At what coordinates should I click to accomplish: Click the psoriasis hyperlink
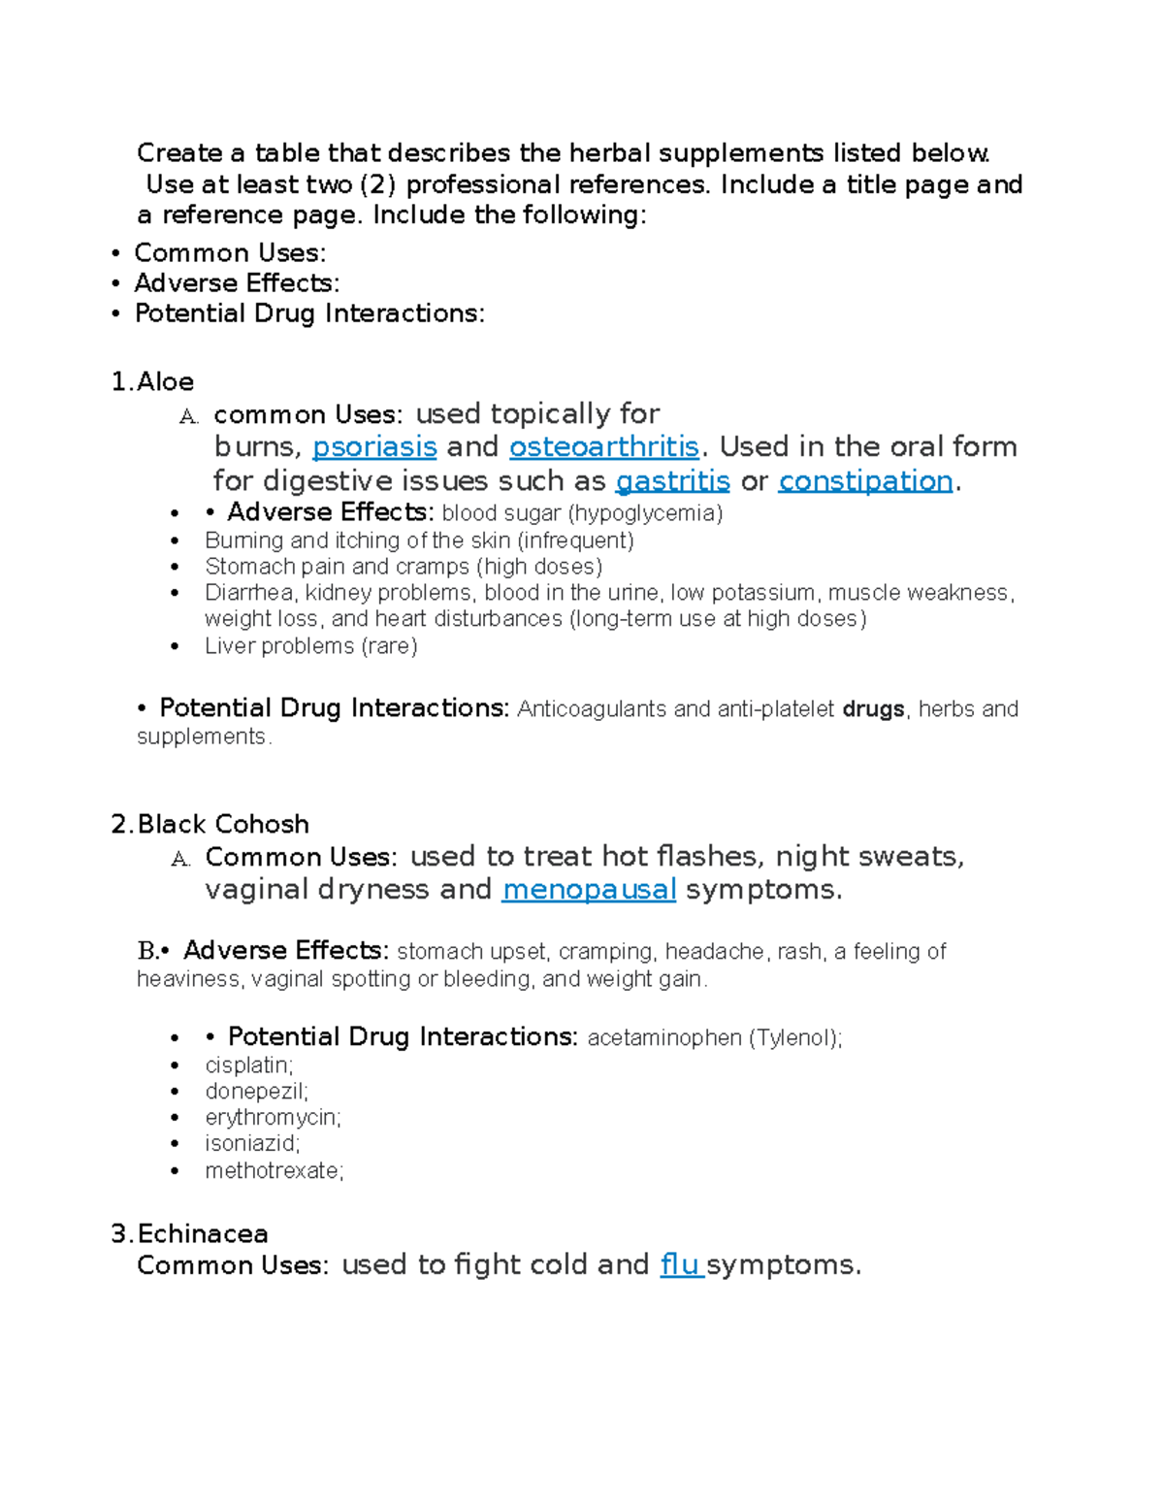[374, 447]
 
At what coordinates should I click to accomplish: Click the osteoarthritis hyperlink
[603, 447]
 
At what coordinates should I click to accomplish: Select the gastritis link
[672, 481]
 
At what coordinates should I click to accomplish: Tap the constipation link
[865, 481]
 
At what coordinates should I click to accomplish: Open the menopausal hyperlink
[588, 890]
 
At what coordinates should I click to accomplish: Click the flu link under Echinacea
[681, 1265]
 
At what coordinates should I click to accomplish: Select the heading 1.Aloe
[153, 382]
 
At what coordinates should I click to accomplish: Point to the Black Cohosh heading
[210, 825]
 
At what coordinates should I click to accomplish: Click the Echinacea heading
[190, 1234]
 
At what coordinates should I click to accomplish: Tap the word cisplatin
[248, 1065]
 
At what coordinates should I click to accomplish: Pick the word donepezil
[256, 1092]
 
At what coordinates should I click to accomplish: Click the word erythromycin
[273, 1118]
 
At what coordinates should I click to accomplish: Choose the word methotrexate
[274, 1171]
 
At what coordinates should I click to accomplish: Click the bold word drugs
[873, 709]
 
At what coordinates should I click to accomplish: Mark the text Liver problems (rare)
[310, 646]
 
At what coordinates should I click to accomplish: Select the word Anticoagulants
[592, 709]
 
